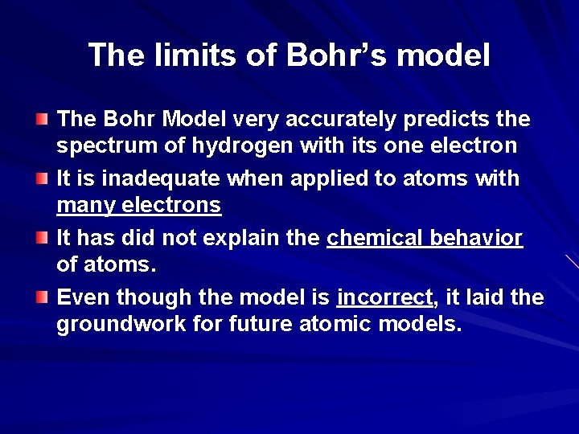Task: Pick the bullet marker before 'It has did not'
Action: point(42,238)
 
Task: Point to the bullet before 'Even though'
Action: point(42,297)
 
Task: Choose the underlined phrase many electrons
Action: point(138,206)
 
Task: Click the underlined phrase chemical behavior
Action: point(425,239)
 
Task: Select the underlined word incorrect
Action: point(385,297)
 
